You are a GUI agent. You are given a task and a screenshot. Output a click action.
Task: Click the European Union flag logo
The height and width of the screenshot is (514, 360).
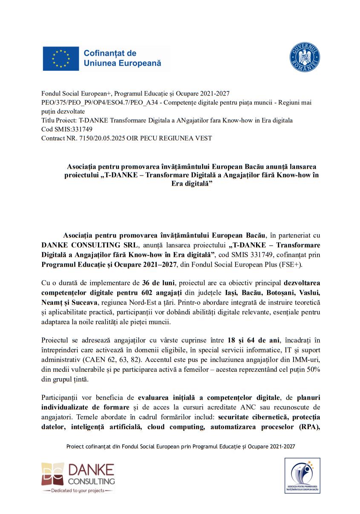point(60,58)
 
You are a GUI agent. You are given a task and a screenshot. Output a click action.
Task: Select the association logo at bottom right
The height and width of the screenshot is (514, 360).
point(302,476)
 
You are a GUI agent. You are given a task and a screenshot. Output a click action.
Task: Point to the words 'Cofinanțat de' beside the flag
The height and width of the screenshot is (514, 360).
point(110,53)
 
